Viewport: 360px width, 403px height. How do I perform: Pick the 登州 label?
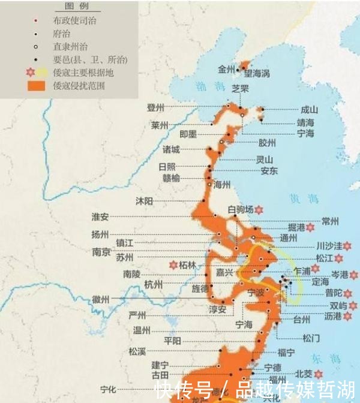[156, 107]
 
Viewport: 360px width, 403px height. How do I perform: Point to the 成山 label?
[309, 110]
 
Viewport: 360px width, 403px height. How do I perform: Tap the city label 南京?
[101, 252]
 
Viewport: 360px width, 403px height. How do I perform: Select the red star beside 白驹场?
[259, 209]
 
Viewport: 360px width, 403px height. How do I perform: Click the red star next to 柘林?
[173, 264]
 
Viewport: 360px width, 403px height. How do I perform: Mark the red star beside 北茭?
[318, 373]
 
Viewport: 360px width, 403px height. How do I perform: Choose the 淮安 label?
[100, 216]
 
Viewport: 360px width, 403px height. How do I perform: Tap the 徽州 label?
[101, 299]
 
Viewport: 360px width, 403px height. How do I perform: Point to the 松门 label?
[313, 338]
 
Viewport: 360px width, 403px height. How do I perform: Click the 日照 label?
[167, 167]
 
